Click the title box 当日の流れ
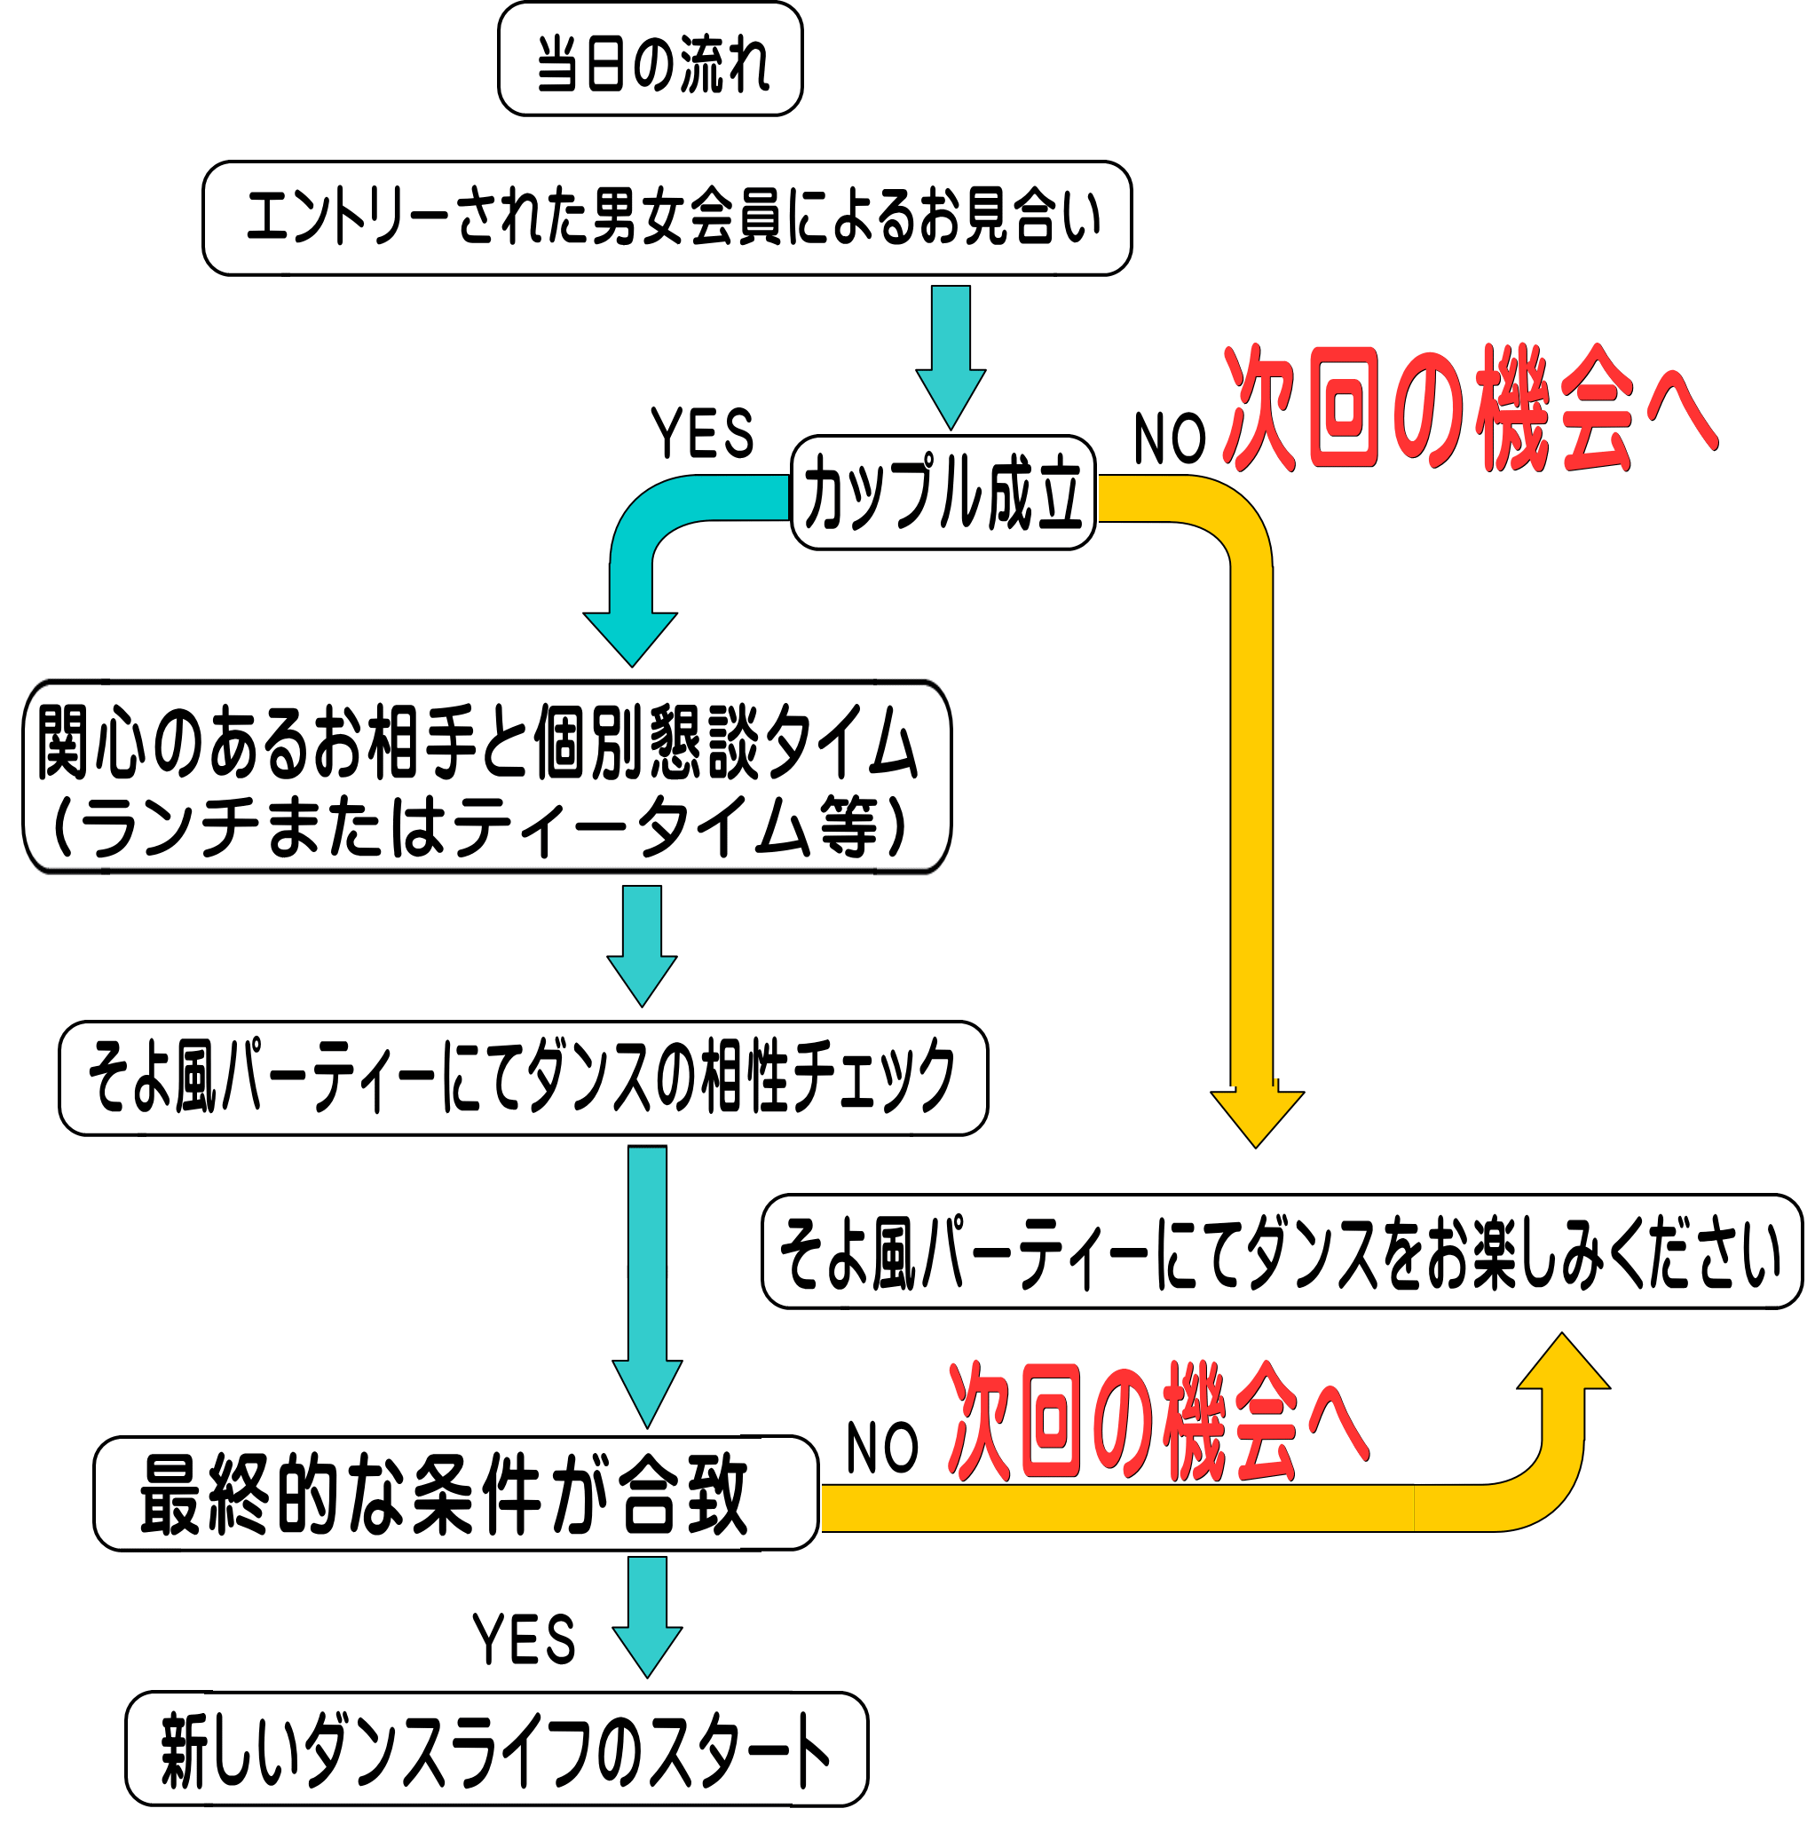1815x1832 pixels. (x=650, y=59)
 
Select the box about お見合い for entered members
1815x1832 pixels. (x=667, y=218)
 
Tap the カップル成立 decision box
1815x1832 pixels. (x=943, y=492)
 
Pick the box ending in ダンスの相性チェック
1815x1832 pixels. (x=523, y=1078)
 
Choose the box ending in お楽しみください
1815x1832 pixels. (x=1281, y=1252)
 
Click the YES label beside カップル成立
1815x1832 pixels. (x=702, y=433)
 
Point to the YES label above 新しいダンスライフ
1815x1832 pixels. (x=524, y=1639)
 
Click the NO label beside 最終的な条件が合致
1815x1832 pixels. (x=881, y=1448)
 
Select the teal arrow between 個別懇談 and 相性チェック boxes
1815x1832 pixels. (x=642, y=944)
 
